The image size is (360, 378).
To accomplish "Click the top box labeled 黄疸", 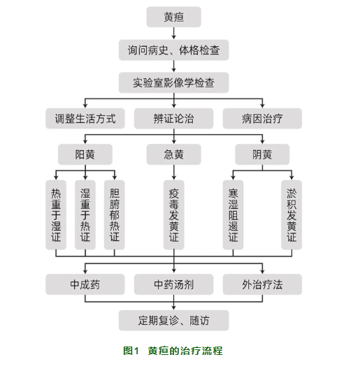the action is [173, 17].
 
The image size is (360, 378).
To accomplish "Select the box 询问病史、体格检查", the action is [173, 50].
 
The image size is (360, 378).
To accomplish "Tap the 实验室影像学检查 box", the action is [173, 82].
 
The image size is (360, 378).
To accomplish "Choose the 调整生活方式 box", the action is [85, 119].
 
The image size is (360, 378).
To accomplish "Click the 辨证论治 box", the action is [173, 119].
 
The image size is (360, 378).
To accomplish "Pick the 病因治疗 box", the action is [262, 119].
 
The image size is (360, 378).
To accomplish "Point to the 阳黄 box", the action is [85, 154].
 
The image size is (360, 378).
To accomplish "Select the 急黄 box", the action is [173, 154].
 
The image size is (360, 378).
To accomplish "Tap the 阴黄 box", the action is [262, 154].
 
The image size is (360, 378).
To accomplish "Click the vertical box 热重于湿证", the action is [56, 215].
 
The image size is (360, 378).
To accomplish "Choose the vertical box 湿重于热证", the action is [85, 215].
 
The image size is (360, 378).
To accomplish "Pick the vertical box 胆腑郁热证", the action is [115, 215].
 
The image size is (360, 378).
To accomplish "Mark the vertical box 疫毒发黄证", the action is [173, 215].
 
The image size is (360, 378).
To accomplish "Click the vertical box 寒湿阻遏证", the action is [233, 215].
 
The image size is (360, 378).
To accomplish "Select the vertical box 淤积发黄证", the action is [291, 215].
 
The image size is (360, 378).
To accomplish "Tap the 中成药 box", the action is [85, 284].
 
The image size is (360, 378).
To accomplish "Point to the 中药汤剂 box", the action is [173, 284].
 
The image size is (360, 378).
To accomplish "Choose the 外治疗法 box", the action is [262, 284].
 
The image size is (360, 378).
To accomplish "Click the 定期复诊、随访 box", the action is [173, 321].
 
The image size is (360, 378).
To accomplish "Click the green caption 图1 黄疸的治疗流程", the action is [173, 351].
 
